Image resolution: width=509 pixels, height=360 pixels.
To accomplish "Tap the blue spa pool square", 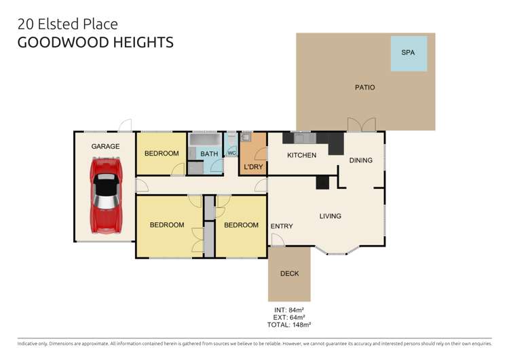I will click(409, 52).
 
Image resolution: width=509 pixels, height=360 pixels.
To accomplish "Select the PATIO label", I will click(364, 88).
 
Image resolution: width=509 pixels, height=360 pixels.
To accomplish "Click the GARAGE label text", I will click(105, 146).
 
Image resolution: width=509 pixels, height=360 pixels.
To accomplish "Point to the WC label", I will click(231, 154).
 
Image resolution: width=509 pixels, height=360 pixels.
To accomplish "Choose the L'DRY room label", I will click(253, 167).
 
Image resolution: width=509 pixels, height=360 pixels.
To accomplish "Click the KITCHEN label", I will click(301, 156).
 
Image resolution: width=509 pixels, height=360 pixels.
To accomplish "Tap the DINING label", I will click(360, 161).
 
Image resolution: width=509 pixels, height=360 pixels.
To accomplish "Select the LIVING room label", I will click(331, 217).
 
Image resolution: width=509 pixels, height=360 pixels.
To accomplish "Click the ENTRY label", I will click(281, 226).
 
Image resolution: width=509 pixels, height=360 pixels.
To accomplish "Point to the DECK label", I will click(289, 274).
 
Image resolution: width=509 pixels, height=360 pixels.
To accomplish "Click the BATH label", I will click(209, 154).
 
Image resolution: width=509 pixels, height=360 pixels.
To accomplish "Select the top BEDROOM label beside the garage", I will click(162, 154).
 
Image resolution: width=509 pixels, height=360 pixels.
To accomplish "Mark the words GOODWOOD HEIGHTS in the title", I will click(95, 43).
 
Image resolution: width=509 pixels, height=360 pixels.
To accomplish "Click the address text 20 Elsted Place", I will click(67, 24).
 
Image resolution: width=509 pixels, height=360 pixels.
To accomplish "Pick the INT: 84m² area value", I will click(289, 310).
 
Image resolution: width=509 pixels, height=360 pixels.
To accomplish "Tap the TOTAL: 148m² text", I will click(289, 325).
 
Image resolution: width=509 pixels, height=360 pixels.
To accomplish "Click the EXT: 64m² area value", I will click(289, 317).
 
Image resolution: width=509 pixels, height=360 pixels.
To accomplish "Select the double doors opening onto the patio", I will click(360, 126).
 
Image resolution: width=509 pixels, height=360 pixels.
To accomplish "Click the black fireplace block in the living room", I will click(322, 182).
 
